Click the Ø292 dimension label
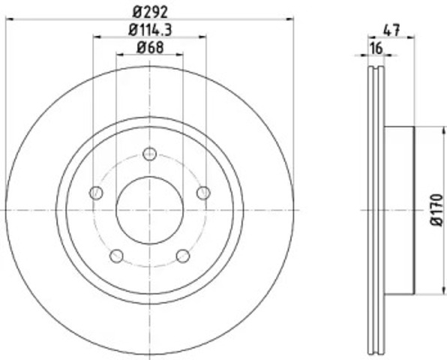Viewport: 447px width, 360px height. point(150,12)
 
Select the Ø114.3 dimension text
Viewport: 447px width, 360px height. point(150,30)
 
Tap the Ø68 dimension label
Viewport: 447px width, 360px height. point(150,47)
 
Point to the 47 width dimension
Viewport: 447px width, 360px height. point(391,30)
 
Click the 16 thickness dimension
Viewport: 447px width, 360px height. point(376,48)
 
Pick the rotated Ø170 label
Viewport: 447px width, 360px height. point(436,210)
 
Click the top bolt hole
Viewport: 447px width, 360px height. point(150,154)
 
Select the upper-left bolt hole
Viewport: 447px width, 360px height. point(96,193)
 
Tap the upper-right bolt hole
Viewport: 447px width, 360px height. point(203,193)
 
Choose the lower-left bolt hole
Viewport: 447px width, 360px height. point(116,256)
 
